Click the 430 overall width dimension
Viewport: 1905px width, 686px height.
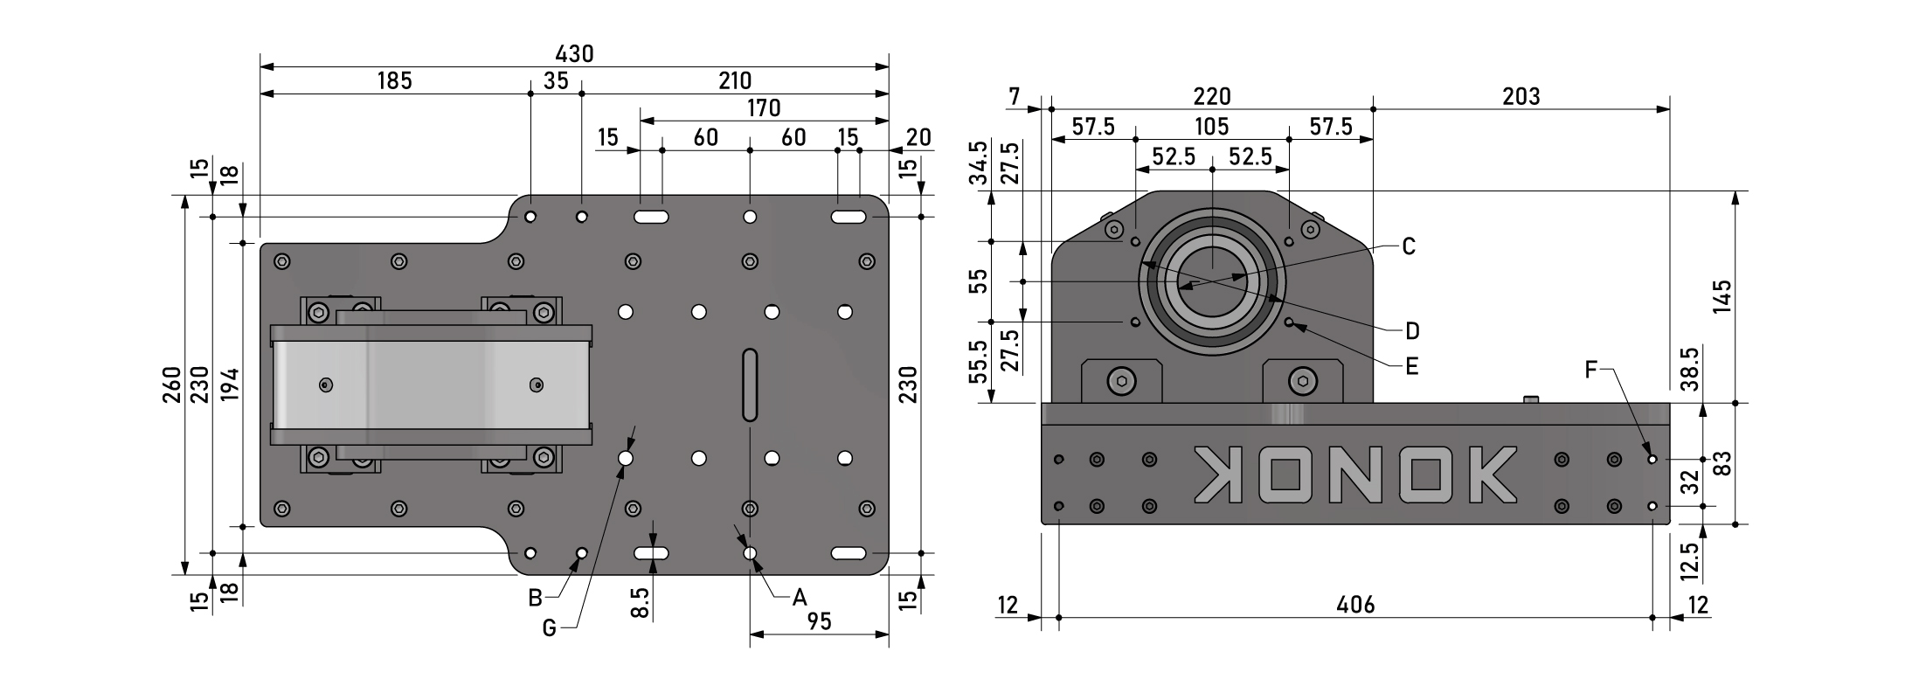pyautogui.click(x=574, y=54)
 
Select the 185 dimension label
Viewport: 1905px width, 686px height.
pyautogui.click(x=394, y=81)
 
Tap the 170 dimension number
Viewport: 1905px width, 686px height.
pyautogui.click(x=764, y=107)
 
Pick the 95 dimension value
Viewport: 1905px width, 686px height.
pyautogui.click(x=819, y=620)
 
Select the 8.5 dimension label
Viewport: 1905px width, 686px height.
pyautogui.click(x=641, y=603)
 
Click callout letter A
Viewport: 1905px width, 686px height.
pyautogui.click(x=799, y=598)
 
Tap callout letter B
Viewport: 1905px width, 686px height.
pyautogui.click(x=536, y=599)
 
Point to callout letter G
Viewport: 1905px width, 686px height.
pyautogui.click(x=549, y=627)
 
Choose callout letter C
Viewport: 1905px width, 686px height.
pyautogui.click(x=1408, y=246)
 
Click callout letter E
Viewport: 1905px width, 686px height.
pyautogui.click(x=1411, y=366)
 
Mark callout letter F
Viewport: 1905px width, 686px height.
pyautogui.click(x=1591, y=370)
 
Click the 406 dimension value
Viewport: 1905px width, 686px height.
pyautogui.click(x=1355, y=604)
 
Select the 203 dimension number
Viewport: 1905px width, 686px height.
pyautogui.click(x=1521, y=96)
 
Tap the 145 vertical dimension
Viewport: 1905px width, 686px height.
pyautogui.click(x=1722, y=297)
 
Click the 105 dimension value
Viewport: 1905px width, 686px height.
pyautogui.click(x=1211, y=126)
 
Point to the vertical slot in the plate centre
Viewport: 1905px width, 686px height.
pyautogui.click(x=750, y=385)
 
